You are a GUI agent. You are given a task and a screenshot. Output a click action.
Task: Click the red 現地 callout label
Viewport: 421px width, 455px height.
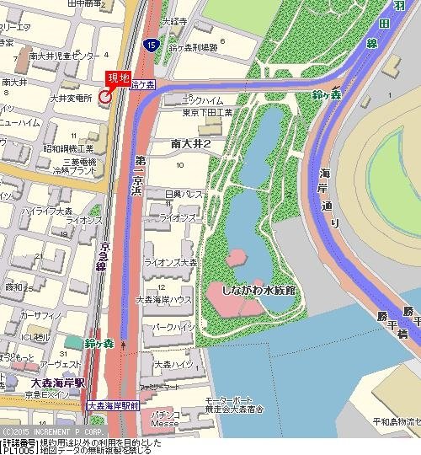click(117, 78)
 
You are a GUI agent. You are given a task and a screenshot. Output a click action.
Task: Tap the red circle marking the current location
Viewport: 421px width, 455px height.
click(105, 97)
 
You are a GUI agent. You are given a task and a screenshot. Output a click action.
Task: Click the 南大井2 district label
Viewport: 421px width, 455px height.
click(189, 144)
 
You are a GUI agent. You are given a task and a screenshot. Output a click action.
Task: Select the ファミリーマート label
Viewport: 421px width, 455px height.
click(159, 388)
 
